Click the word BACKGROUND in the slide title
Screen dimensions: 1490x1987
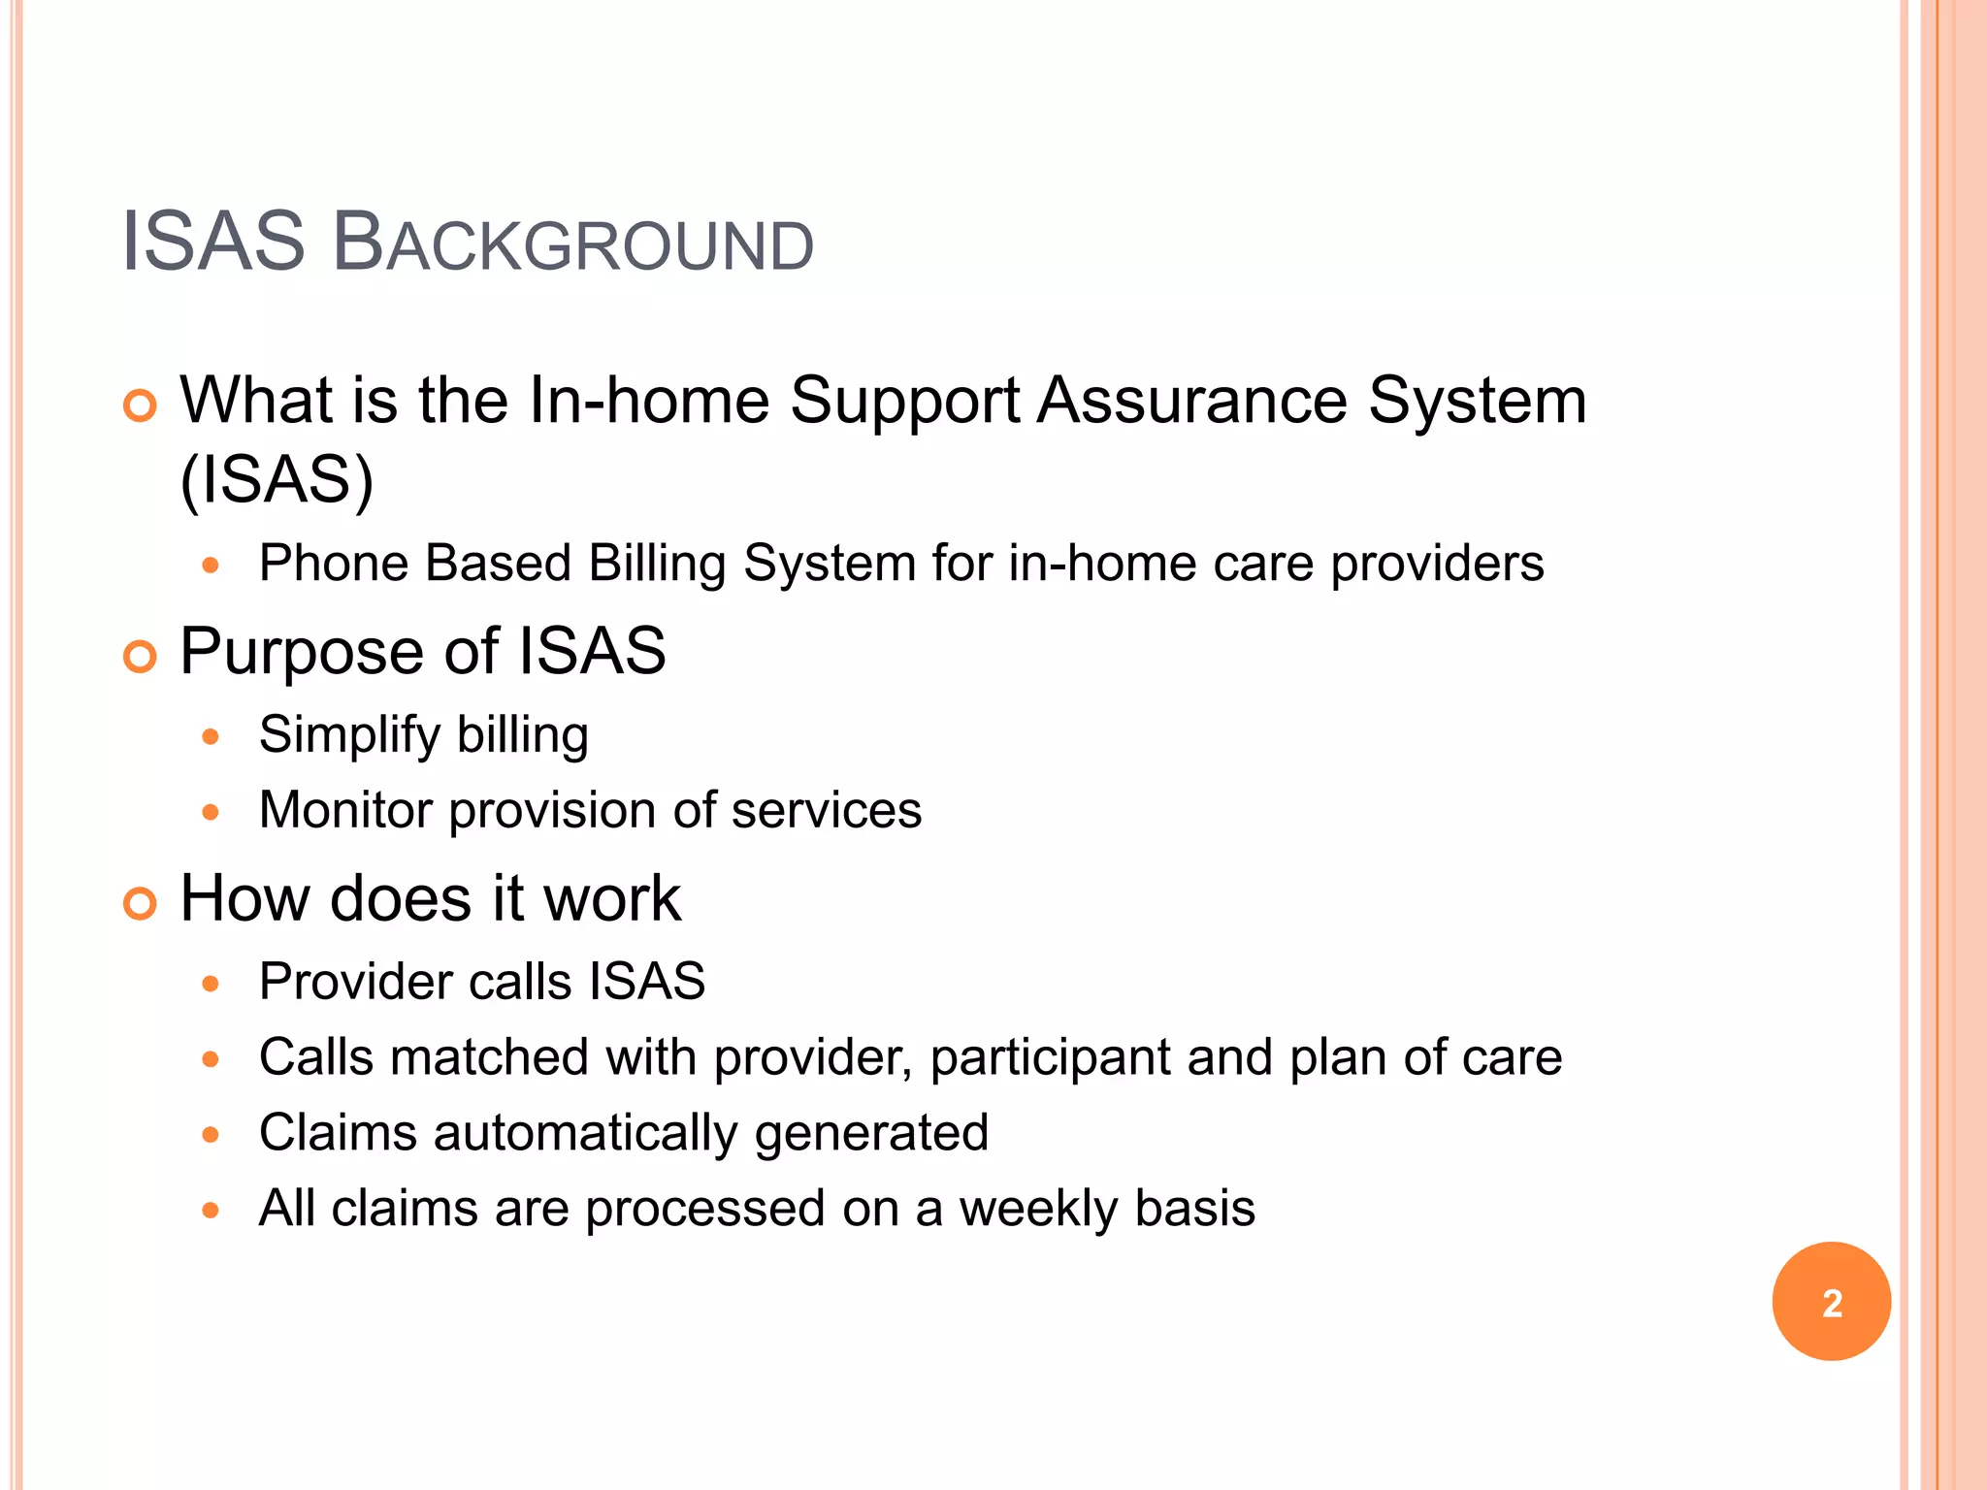[x=572, y=243]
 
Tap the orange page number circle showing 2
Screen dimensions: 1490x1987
[x=1831, y=1302]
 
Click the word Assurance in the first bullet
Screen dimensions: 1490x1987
[x=1192, y=400]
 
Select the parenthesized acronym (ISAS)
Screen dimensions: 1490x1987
[x=277, y=479]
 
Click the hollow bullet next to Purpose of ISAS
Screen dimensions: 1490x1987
[x=141, y=657]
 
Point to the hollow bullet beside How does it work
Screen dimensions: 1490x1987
[x=141, y=904]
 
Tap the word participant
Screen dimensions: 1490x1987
[x=1050, y=1057]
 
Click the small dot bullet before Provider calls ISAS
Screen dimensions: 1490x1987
[x=211, y=984]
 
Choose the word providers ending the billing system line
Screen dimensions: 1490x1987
[x=1437, y=564]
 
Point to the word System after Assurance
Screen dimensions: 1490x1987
[x=1477, y=400]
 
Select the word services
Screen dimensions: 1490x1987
[x=826, y=810]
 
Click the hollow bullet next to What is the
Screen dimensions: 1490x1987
[x=141, y=405]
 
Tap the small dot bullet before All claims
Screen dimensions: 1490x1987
[x=211, y=1210]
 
